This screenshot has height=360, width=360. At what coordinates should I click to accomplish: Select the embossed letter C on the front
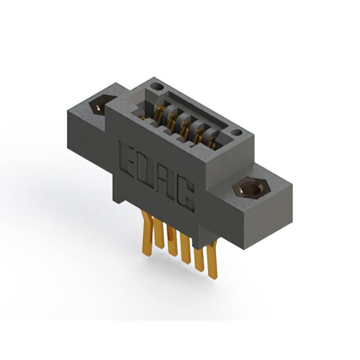186,196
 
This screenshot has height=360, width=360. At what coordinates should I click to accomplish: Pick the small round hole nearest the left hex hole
157,87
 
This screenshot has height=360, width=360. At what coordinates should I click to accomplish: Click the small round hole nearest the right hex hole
236,133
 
